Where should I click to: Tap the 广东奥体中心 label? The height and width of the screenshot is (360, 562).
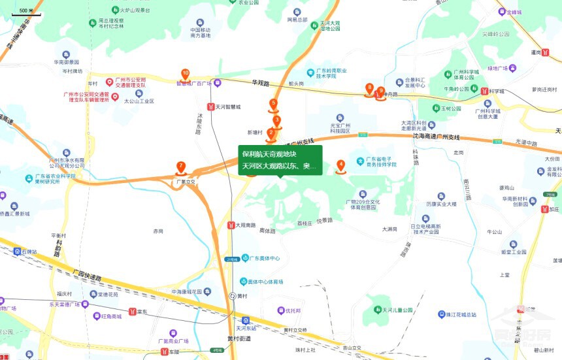264,258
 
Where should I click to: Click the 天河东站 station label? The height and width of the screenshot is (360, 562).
246,328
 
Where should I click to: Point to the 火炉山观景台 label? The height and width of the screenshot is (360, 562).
135,11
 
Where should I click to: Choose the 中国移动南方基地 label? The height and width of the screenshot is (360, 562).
201,33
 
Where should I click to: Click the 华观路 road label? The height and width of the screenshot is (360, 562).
261,83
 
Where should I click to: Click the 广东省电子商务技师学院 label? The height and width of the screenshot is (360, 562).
382,162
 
